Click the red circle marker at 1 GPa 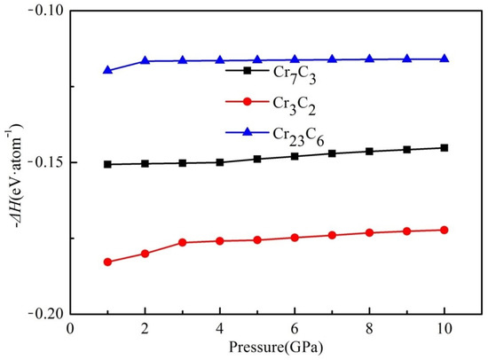(107, 262)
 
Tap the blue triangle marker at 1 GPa (107, 70)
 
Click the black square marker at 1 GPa (107, 164)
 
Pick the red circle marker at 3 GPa (183, 242)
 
